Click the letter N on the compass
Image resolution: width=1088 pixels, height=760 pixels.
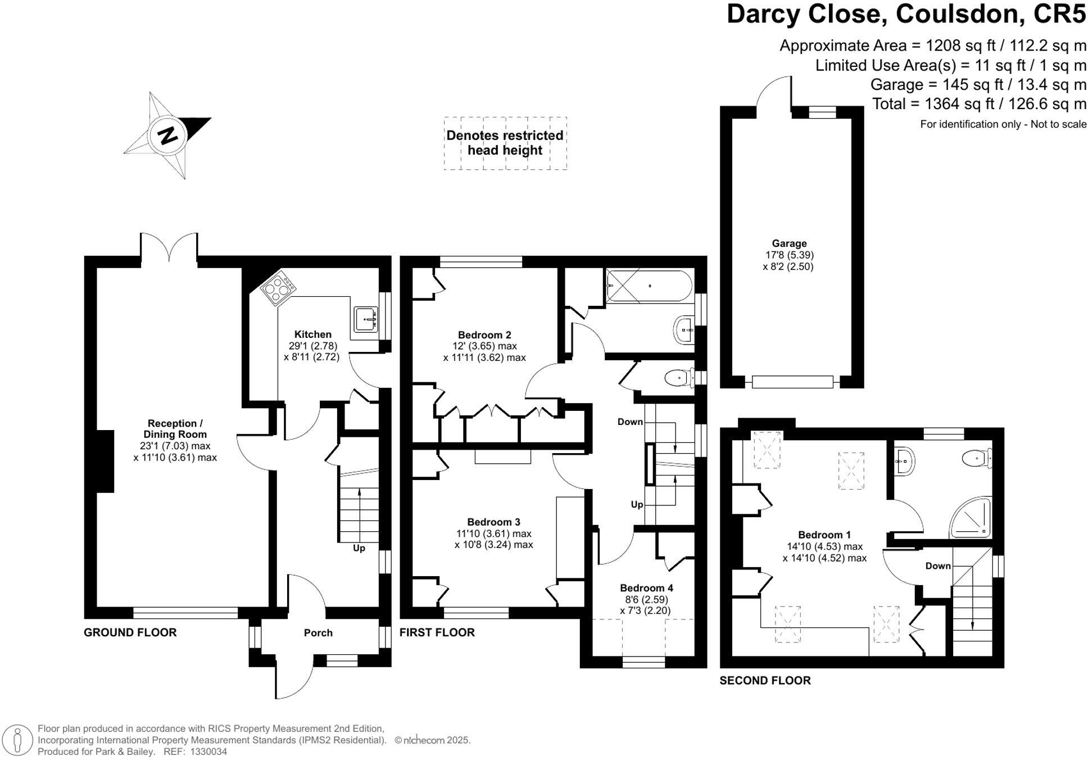(x=167, y=135)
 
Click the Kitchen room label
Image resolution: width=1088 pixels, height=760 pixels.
(x=312, y=334)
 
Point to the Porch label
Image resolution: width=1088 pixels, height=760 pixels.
(x=318, y=633)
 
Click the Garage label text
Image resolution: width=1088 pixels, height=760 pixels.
(x=789, y=243)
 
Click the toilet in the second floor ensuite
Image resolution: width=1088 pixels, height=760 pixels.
(x=976, y=458)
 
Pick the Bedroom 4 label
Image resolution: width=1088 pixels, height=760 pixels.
(x=646, y=588)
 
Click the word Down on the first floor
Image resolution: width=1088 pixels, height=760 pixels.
(x=630, y=422)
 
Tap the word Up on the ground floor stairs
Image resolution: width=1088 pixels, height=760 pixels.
(x=359, y=548)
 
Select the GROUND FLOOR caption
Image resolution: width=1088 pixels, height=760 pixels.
(x=130, y=632)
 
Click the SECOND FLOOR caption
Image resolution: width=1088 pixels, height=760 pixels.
(x=765, y=681)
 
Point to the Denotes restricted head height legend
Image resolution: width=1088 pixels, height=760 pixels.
(x=505, y=143)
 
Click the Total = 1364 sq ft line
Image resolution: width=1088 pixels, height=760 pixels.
(x=979, y=104)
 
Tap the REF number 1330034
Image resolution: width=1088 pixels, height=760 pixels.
(x=208, y=752)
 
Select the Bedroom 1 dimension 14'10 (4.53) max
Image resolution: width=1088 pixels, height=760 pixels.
(x=824, y=546)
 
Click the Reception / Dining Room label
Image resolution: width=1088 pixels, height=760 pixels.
(x=175, y=429)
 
